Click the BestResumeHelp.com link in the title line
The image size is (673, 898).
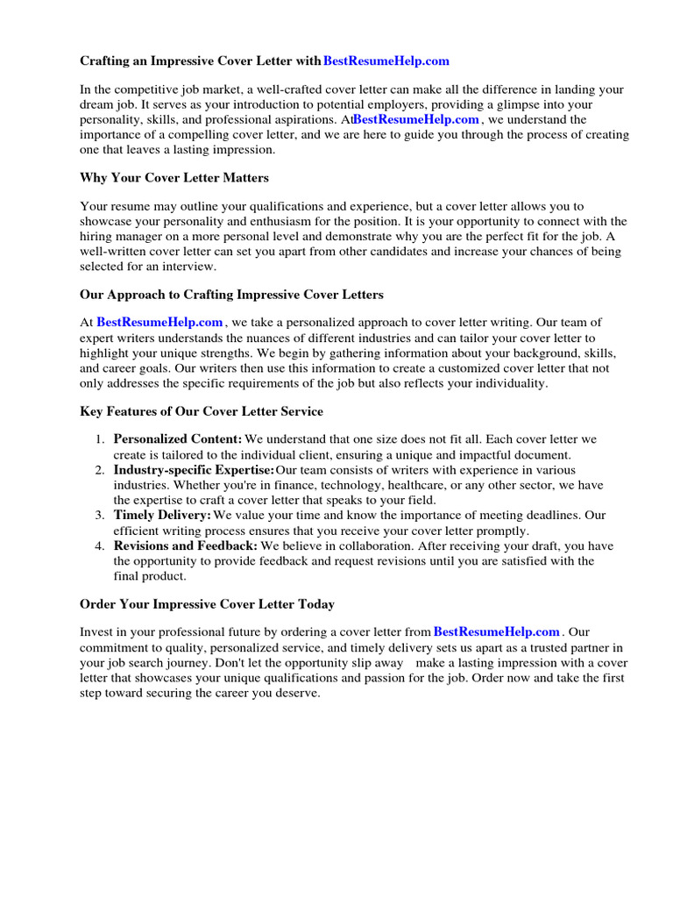(x=386, y=61)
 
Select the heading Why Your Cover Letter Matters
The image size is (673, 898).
(x=174, y=178)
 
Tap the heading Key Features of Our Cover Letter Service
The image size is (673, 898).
(x=202, y=411)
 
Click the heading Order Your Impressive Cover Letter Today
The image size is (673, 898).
(x=207, y=604)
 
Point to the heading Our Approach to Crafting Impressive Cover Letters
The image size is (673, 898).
(x=231, y=295)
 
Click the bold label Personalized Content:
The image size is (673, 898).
(x=178, y=438)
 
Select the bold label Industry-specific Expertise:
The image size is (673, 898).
(x=194, y=471)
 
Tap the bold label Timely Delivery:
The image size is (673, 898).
(x=162, y=515)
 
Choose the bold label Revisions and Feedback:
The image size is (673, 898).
(x=186, y=545)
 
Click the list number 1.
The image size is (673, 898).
(x=101, y=438)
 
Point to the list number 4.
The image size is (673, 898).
(x=101, y=545)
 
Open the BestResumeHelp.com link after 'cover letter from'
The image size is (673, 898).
(x=496, y=631)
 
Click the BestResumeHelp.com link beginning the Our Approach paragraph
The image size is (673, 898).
(x=159, y=323)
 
